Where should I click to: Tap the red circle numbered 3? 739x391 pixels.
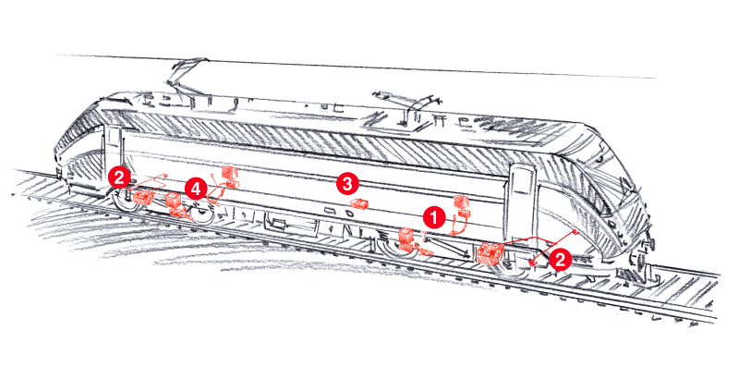tap(346, 183)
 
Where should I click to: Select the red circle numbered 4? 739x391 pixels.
tap(194, 187)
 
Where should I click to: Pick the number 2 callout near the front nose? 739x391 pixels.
tap(559, 259)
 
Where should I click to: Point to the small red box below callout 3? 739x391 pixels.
tap(362, 203)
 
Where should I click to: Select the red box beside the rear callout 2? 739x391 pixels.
tap(143, 196)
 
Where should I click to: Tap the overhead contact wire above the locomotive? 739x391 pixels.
tap(369, 65)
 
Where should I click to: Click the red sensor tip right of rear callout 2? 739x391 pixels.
tap(165, 174)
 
